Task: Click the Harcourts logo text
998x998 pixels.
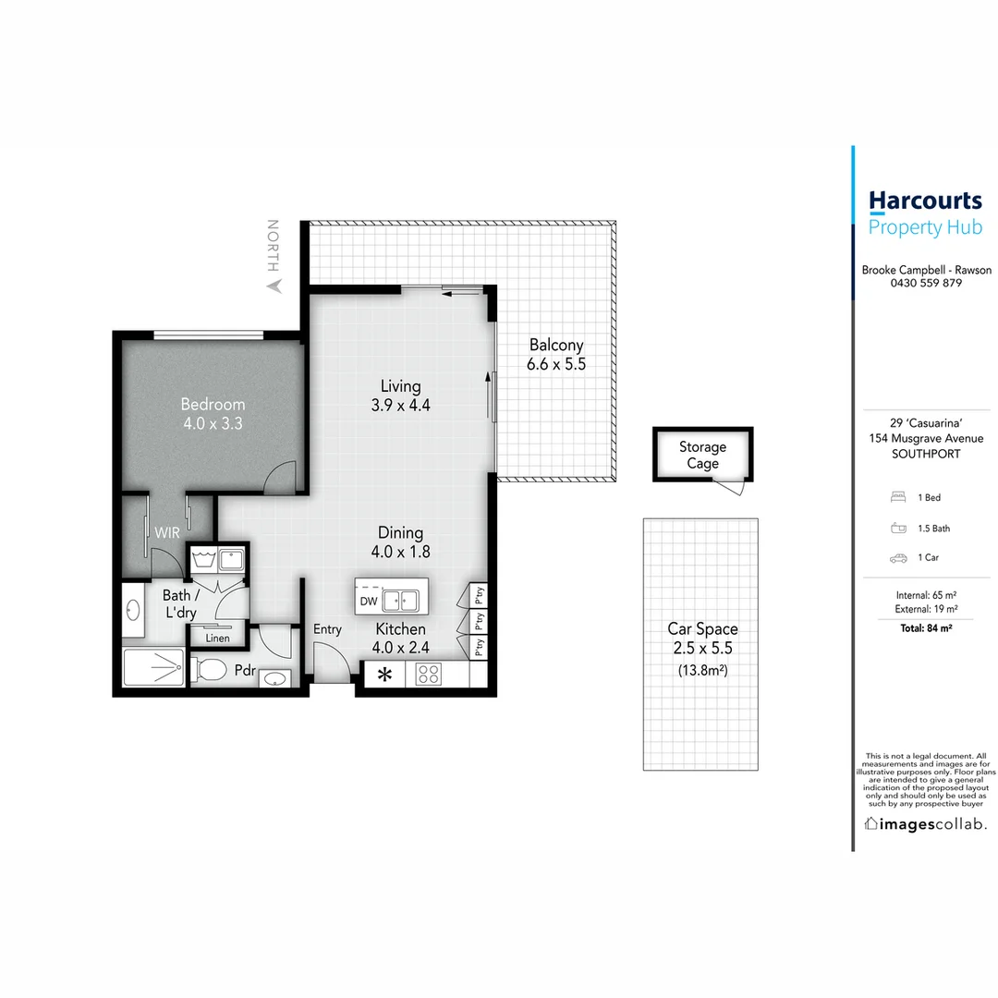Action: tap(925, 201)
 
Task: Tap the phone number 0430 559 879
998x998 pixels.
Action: tap(926, 284)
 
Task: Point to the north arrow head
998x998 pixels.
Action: tap(273, 287)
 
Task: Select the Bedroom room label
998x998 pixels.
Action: tap(213, 404)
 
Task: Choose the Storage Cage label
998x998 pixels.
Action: tap(702, 455)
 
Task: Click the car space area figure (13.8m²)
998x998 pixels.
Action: tap(702, 670)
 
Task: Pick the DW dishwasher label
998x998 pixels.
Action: tap(369, 601)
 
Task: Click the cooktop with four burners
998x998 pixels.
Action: tap(428, 675)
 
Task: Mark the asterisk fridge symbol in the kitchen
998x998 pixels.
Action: tap(384, 675)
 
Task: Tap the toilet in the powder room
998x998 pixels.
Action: tap(211, 669)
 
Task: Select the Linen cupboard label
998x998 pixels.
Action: tap(217, 638)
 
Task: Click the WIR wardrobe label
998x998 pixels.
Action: tap(167, 533)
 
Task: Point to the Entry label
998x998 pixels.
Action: tap(327, 629)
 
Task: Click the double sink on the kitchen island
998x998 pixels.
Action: tap(403, 601)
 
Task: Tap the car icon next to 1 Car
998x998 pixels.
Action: tap(897, 558)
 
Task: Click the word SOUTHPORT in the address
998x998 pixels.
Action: tap(926, 454)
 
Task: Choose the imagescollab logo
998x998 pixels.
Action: tap(925, 823)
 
